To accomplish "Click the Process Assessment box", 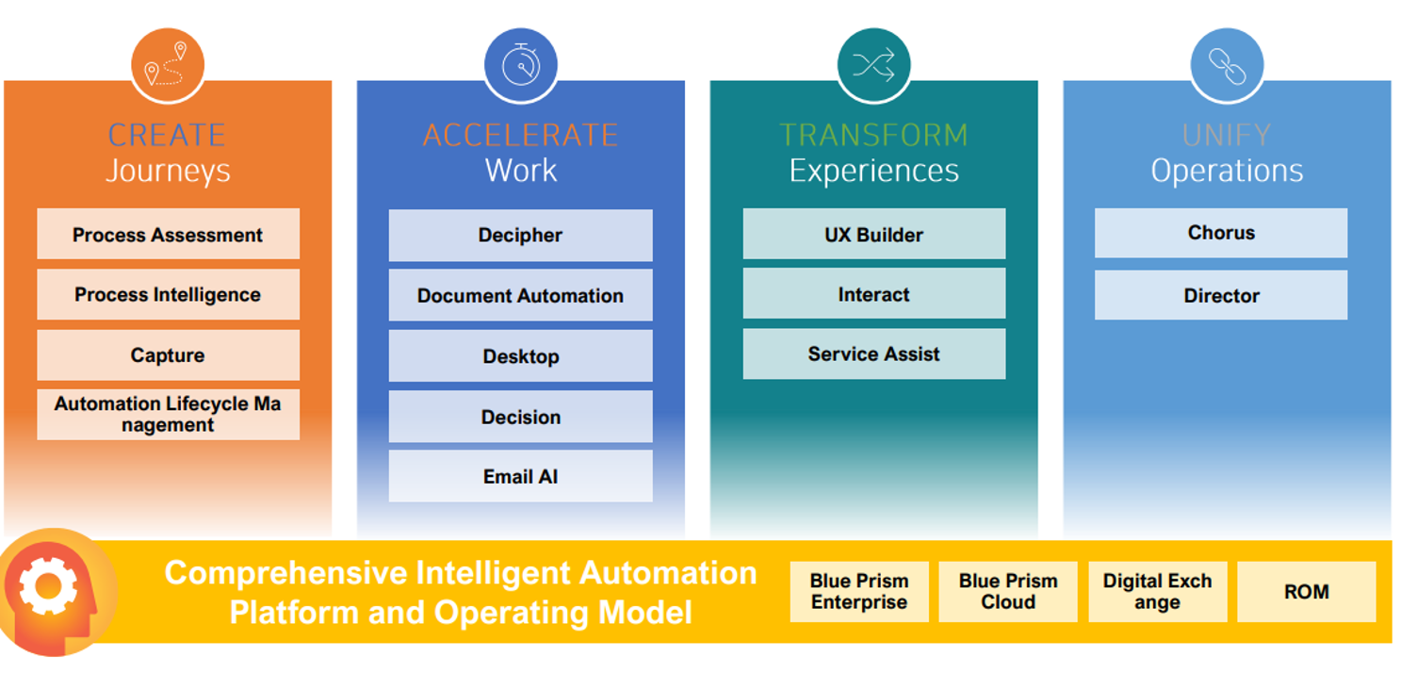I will (168, 235).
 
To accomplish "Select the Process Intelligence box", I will (168, 295).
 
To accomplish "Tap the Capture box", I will (168, 355).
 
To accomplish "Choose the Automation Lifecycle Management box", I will (168, 415).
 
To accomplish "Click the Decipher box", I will (520, 236).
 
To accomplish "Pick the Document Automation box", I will (520, 296).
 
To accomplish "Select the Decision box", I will (520, 417).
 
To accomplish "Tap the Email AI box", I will (520, 477).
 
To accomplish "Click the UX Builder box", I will (873, 235).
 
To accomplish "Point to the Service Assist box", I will (873, 354).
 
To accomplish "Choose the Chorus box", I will (1221, 233).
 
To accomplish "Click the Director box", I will (1221, 296).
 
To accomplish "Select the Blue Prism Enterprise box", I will (859, 592).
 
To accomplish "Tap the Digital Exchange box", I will (1157, 592).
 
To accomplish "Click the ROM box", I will (1306, 592).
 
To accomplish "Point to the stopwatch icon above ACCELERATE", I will (520, 65).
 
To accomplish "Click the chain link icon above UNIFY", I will (1227, 65).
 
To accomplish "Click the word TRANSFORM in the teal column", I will (873, 135).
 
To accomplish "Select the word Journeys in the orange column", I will (168, 172).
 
